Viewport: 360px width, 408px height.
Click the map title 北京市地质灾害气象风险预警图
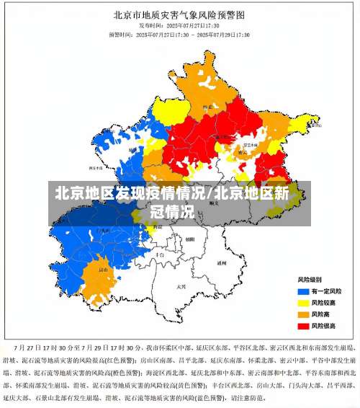(x=180, y=14)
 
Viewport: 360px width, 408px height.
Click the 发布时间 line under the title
(x=179, y=25)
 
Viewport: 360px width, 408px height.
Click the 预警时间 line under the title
(x=179, y=34)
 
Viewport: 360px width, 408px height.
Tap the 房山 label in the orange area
(x=102, y=270)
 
